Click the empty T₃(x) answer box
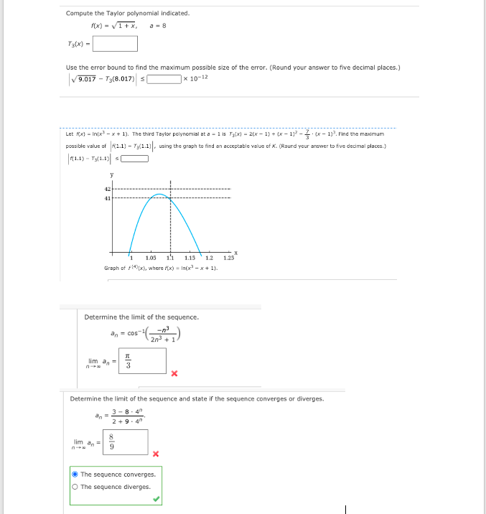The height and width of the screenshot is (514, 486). coord(115,43)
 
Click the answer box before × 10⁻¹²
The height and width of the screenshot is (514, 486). coord(164,78)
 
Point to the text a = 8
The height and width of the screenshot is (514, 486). coord(159,26)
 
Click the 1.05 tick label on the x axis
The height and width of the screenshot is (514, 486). coord(151,258)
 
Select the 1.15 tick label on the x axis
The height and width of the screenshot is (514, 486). coord(190,258)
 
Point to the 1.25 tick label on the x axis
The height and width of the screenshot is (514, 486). coord(228,258)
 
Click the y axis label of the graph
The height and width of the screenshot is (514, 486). coord(111,173)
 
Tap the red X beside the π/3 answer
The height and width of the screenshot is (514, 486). coord(174,373)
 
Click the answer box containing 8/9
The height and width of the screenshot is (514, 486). coord(126,442)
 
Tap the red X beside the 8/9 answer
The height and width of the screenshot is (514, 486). coord(156,454)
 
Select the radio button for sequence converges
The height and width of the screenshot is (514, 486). coord(75,475)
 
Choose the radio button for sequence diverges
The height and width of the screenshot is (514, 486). coord(75,487)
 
